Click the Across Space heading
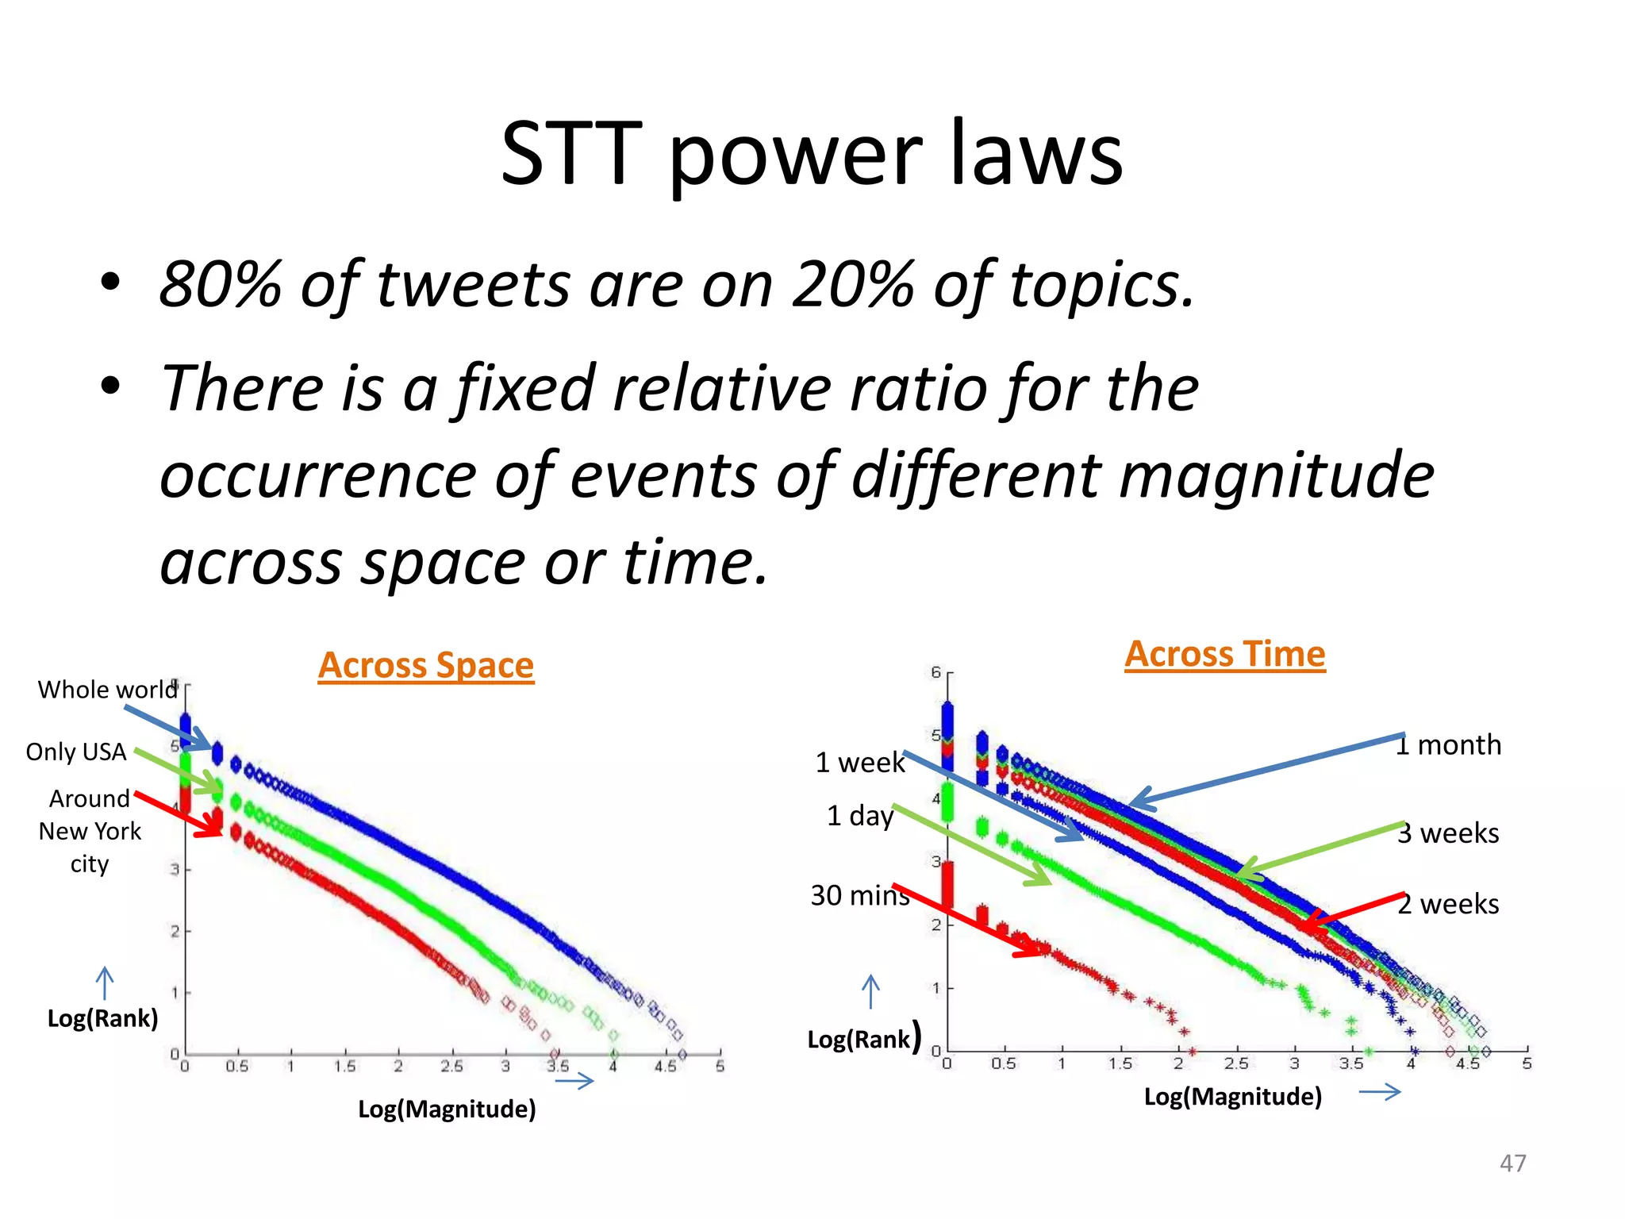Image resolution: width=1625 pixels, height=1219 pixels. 426,665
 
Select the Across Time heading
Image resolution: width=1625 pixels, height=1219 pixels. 1225,654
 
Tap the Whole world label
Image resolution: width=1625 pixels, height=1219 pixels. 108,690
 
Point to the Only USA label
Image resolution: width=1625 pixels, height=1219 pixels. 76,752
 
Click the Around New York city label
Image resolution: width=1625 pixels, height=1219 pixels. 90,831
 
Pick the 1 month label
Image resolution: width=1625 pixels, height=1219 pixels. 1449,745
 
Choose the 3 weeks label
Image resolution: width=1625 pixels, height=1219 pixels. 1449,833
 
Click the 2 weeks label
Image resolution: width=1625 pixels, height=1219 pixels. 1449,904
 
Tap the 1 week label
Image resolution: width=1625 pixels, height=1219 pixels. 860,763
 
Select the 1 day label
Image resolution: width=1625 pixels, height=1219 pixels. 860,816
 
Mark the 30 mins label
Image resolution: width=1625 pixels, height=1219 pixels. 860,895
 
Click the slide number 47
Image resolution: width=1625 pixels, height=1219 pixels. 1512,1163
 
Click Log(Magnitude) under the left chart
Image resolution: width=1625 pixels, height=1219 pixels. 447,1109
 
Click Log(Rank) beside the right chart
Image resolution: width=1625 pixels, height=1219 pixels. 859,1040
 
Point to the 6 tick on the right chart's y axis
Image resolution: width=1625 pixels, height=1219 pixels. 936,672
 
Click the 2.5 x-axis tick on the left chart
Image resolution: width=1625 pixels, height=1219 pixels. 451,1067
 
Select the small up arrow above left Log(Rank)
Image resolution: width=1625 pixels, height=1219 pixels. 104,984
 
